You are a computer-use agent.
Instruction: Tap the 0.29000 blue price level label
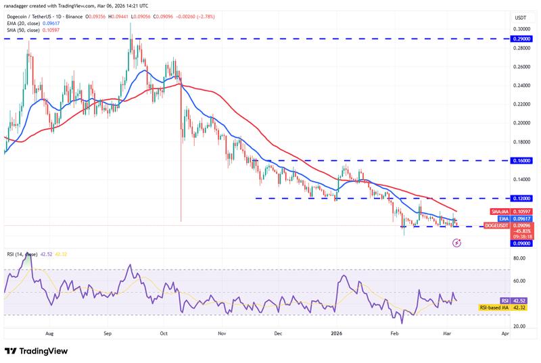521,39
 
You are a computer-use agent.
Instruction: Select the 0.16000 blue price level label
521,161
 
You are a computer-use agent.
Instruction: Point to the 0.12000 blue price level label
521,198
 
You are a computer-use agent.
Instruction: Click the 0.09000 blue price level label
521,244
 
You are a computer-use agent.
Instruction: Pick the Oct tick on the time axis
164,334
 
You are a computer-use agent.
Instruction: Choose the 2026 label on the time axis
335,334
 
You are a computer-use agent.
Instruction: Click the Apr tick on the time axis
504,334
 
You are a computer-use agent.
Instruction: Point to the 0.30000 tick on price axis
521,29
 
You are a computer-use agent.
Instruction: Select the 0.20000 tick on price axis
521,123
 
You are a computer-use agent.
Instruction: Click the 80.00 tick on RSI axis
520,258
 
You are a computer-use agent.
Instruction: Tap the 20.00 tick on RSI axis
520,326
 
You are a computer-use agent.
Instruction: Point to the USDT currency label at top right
521,18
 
